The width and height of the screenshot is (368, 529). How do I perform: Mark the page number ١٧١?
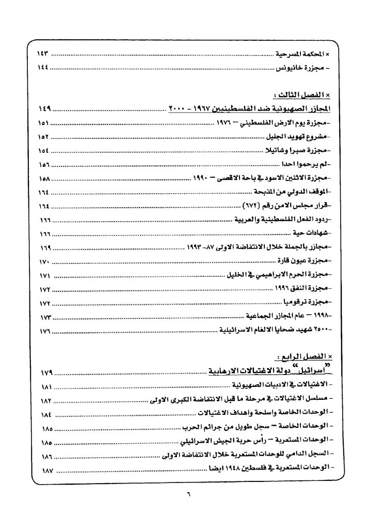pyautogui.click(x=45, y=275)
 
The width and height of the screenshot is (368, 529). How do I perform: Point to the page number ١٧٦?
pyautogui.click(x=45, y=329)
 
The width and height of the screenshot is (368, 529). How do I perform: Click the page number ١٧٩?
pyautogui.click(x=45, y=371)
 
